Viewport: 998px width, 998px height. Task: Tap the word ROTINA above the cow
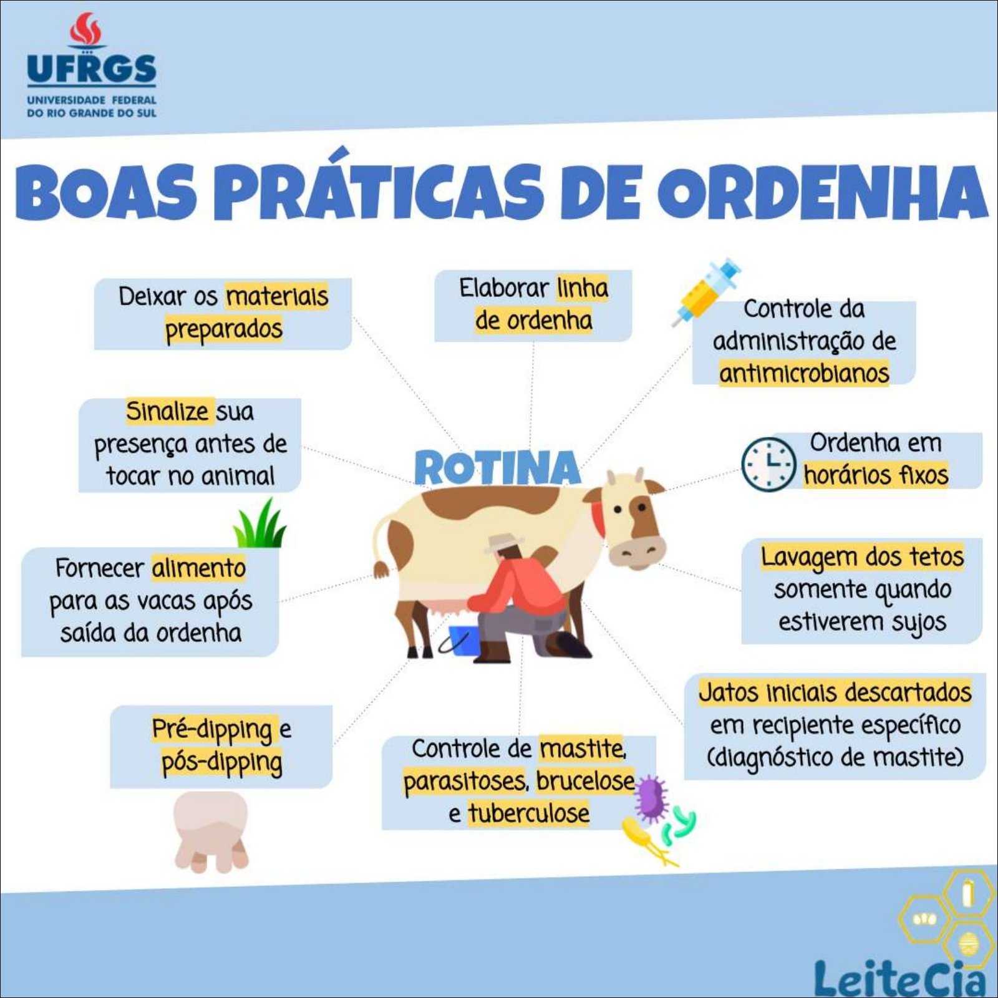pos(497,467)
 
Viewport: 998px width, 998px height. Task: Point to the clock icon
pos(768,464)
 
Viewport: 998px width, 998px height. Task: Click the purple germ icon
pos(651,798)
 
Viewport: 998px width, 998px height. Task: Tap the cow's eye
pos(618,510)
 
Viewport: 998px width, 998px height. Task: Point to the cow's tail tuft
pos(381,569)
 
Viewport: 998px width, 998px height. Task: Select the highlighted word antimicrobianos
pos(804,373)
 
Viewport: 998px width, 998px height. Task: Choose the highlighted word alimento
pos(199,568)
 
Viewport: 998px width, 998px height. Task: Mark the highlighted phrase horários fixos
pos(876,475)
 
